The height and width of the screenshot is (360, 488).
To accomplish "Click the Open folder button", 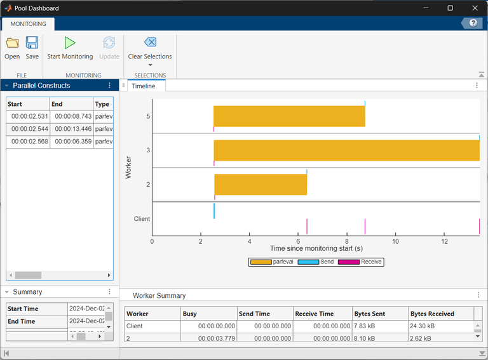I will tap(12, 47).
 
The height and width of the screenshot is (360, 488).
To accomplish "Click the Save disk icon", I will tap(32, 47).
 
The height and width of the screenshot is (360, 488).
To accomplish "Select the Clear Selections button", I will tap(150, 48).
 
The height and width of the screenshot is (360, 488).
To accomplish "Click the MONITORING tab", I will tap(27, 23).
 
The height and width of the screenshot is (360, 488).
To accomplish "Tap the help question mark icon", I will tap(473, 23).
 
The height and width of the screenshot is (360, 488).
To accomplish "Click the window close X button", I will tap(473, 8).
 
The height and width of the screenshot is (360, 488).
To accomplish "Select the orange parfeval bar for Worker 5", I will tap(289, 116).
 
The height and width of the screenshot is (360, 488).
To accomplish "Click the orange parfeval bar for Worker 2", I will tap(261, 185).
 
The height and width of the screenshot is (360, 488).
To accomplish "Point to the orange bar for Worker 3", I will tap(346, 150).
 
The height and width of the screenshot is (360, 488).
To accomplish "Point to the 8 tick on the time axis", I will tap(347, 241).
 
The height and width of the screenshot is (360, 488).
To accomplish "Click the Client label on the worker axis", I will tap(142, 219).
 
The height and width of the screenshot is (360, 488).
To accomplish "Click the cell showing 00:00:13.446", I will tap(71, 130).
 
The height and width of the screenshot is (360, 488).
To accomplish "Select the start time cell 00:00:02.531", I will tap(29, 117).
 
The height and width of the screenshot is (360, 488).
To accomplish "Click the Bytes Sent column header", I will tap(380, 314).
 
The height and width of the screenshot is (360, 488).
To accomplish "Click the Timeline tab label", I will tap(144, 86).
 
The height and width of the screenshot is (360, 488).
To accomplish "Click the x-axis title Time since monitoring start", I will tap(316, 248).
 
